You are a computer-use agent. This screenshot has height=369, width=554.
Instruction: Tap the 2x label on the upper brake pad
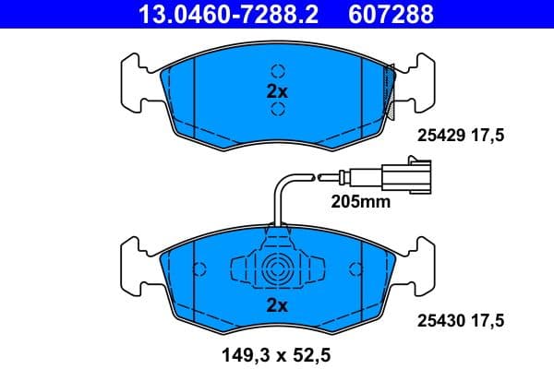tap(277, 91)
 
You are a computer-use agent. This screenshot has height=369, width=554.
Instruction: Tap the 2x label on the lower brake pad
tap(277, 305)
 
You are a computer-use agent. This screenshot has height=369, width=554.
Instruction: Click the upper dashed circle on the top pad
tap(277, 71)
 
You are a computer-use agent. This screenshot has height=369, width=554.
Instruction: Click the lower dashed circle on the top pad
tap(277, 112)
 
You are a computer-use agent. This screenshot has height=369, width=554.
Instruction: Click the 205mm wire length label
tap(361, 200)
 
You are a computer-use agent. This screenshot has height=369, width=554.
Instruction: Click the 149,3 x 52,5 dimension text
tap(276, 351)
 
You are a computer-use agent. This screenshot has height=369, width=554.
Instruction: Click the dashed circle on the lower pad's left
tap(197, 270)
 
